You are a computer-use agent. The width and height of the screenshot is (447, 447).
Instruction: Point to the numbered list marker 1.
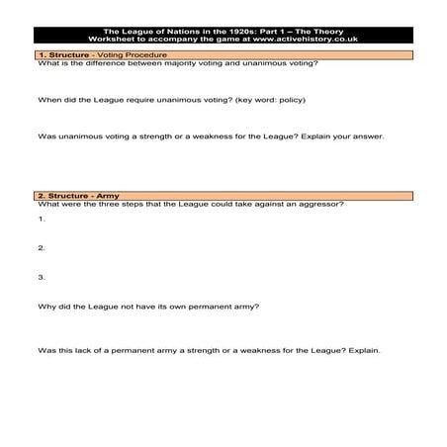(42, 218)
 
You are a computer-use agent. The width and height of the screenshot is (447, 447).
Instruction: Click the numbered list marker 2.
(42, 247)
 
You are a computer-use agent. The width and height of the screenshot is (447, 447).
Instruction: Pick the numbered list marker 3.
(42, 277)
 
